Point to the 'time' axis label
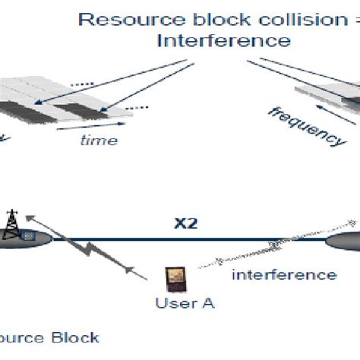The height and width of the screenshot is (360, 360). [x=99, y=140]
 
